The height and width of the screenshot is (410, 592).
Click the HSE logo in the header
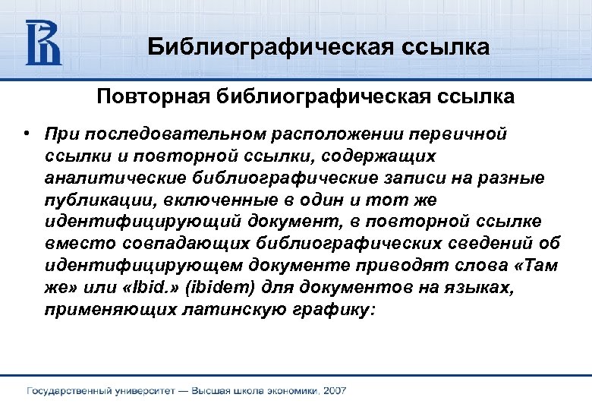43,42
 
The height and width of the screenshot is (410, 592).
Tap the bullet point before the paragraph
26,133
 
